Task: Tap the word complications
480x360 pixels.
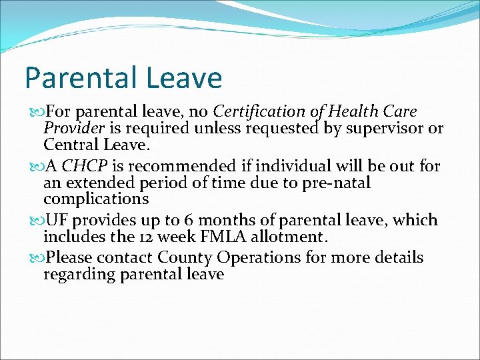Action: coord(96,199)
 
